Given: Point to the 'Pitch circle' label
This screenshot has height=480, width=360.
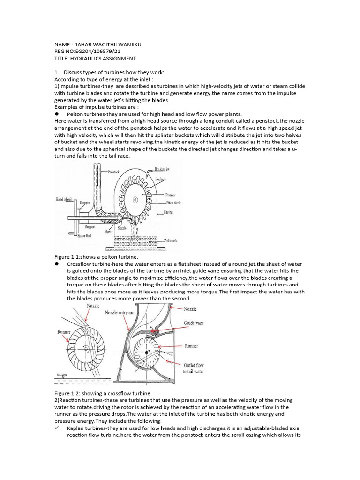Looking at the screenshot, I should pos(174,203).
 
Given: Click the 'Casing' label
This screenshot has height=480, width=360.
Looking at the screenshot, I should pos(168,212).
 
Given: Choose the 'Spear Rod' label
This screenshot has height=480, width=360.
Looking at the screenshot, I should pos(80,235).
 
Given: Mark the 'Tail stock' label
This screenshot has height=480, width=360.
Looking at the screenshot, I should pos(172,240).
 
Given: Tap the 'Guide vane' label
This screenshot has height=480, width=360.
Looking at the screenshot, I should pos(194,323).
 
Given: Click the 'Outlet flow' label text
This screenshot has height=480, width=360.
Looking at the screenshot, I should pos(194,365).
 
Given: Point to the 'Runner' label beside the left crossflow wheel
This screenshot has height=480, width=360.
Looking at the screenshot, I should pos(64,332).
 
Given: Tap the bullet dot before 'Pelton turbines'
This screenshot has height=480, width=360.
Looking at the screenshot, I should pos(56,113).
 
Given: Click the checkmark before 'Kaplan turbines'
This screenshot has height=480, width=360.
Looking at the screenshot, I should pos(57,428).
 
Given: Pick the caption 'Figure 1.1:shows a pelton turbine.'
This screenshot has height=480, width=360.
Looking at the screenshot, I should pos(97,257).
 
